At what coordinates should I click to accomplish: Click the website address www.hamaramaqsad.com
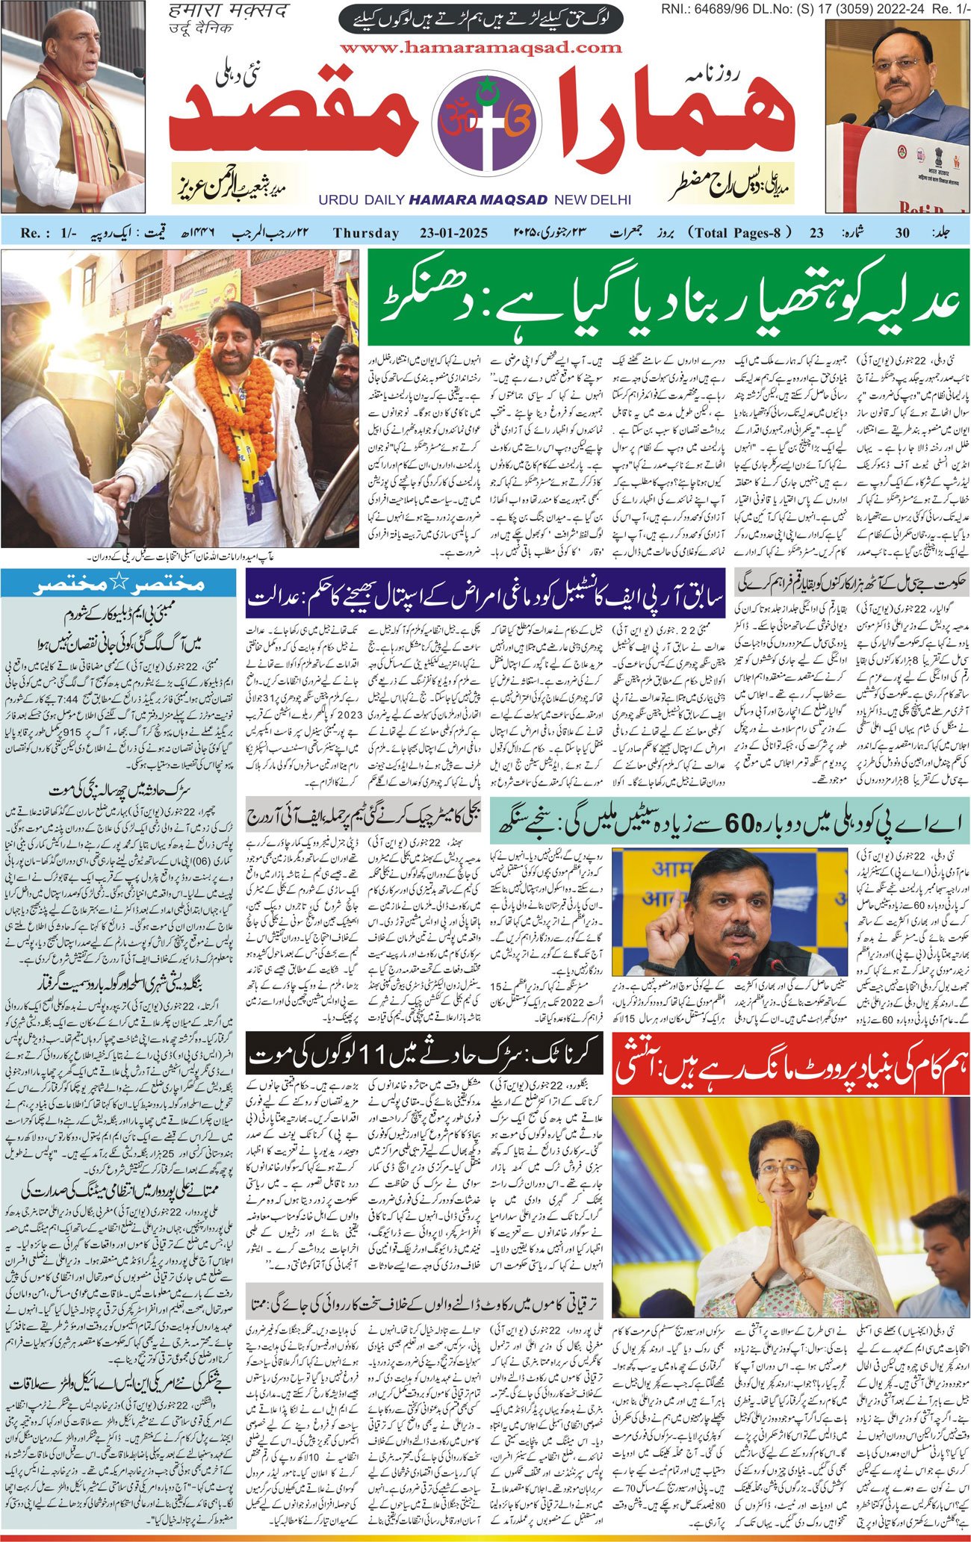(x=480, y=48)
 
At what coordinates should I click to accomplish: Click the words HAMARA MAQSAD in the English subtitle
(x=478, y=200)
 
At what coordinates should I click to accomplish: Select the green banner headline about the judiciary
(x=668, y=297)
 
